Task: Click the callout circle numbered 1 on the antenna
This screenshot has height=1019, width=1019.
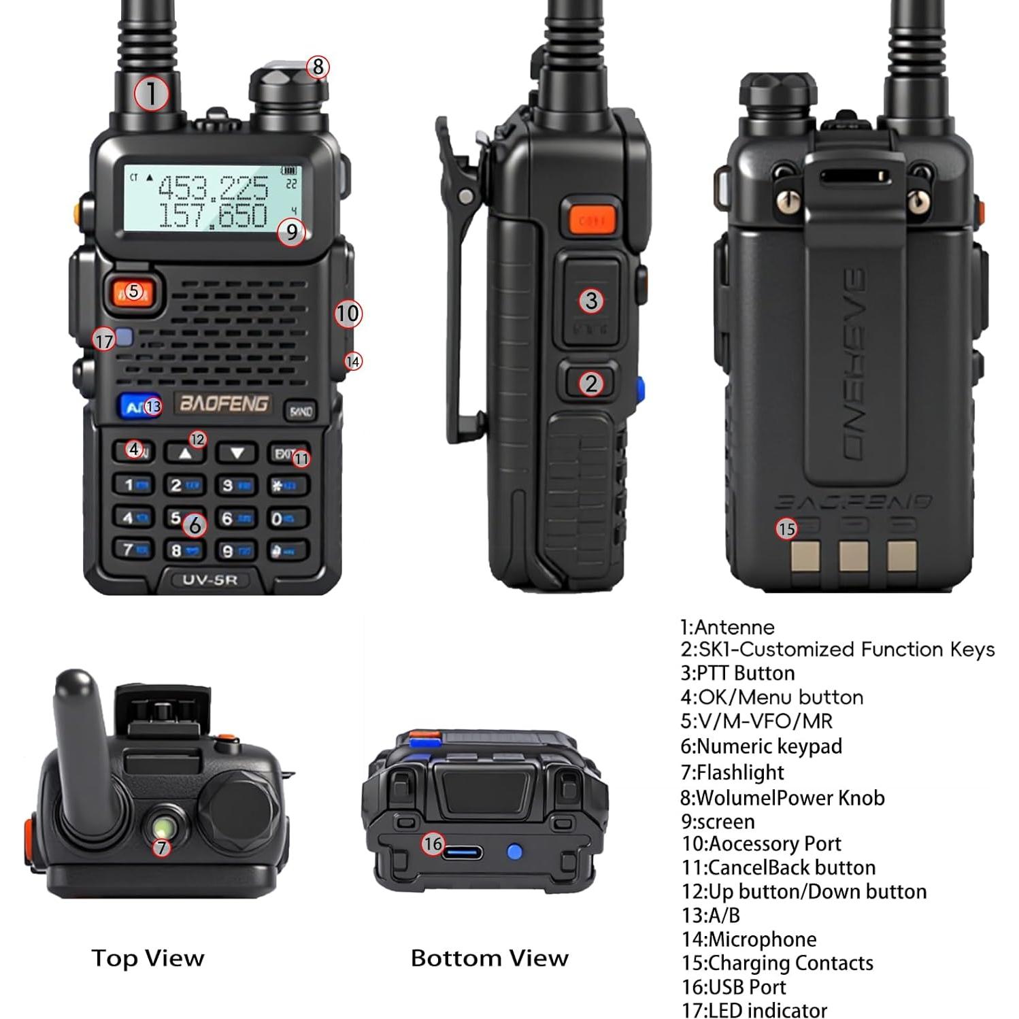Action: pos(150,93)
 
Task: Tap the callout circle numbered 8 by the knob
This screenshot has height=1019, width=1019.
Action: pos(318,67)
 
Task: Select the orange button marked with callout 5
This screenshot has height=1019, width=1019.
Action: pos(133,292)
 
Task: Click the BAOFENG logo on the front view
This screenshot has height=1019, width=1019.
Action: pos(223,403)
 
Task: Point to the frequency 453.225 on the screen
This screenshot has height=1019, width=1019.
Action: pos(213,186)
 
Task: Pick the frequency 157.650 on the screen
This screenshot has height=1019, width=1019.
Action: pos(213,215)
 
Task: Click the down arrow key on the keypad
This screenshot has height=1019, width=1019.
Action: pos(237,452)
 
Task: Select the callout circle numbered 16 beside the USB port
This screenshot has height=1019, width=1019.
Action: pos(433,844)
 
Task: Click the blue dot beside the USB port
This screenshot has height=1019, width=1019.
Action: pos(515,852)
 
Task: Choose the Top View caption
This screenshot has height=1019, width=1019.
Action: pos(148,958)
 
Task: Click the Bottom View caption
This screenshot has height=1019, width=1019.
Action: pos(489,958)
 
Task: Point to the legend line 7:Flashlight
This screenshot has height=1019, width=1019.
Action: pos(733,772)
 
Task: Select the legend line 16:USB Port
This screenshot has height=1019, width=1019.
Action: pos(733,986)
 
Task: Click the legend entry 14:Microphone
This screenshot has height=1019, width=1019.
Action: pos(749,939)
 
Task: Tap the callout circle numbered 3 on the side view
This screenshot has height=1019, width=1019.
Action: pos(591,300)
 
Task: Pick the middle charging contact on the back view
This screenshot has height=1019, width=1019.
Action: pos(853,556)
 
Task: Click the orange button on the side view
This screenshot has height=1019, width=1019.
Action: pos(588,219)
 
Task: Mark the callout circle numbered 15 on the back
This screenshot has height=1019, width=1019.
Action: pos(786,529)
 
